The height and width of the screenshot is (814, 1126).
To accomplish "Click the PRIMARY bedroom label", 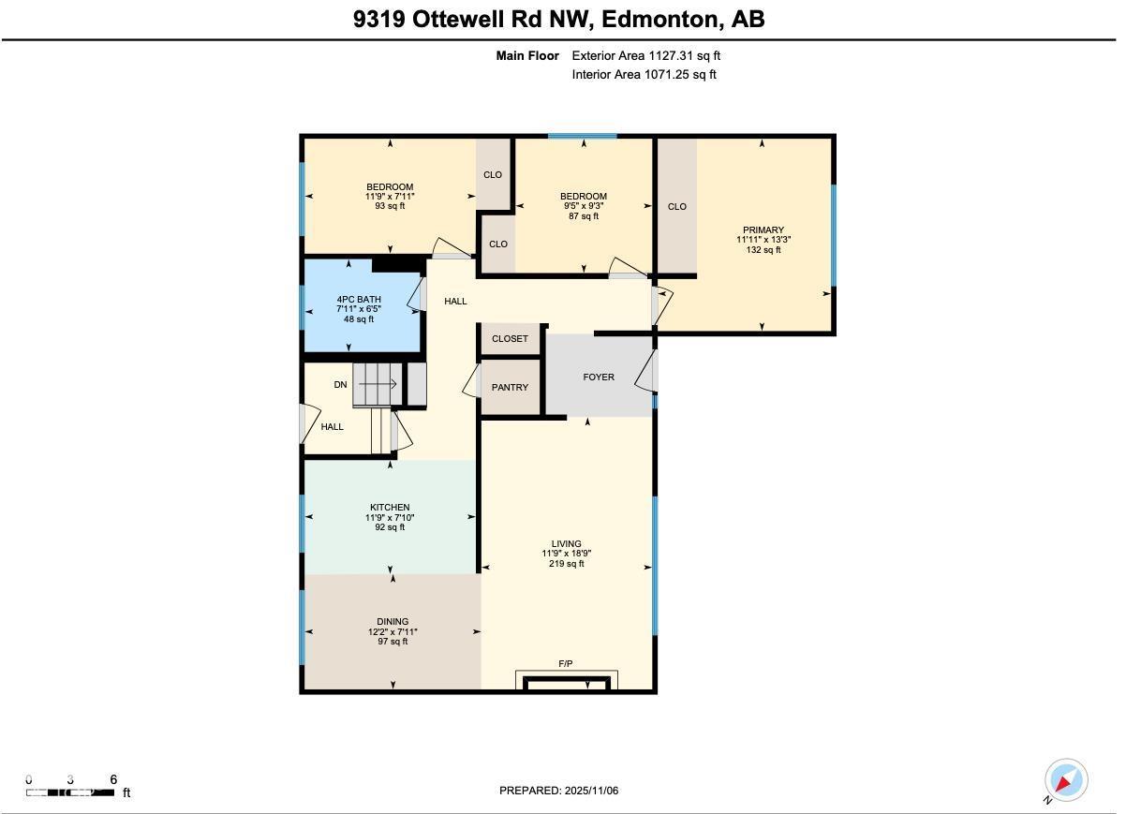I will (x=763, y=230).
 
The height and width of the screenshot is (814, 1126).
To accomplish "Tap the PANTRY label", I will (x=510, y=388).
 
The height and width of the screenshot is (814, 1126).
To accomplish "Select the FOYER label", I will (x=599, y=377).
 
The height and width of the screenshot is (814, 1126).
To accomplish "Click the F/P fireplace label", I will (x=566, y=664).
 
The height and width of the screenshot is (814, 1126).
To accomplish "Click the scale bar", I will (x=71, y=792).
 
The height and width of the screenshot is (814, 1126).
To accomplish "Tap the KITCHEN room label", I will (x=389, y=508).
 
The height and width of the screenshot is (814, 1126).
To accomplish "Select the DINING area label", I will (x=393, y=622).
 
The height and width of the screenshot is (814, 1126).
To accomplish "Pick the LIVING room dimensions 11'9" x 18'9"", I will (x=566, y=554).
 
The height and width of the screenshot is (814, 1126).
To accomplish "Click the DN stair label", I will (x=340, y=385).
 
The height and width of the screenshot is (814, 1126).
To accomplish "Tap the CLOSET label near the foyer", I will (x=510, y=339).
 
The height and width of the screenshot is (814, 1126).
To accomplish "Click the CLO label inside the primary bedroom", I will (x=676, y=207).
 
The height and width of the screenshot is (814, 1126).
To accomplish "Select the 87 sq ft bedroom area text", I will (x=583, y=216).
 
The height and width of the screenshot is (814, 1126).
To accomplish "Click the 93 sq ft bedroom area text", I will (x=389, y=206).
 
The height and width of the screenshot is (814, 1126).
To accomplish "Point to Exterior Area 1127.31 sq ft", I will (x=645, y=56).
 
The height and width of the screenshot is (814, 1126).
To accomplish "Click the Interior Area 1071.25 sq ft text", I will (x=644, y=75).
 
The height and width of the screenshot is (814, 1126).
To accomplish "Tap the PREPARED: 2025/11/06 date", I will (x=558, y=791).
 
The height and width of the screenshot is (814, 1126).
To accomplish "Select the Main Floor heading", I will (x=527, y=56).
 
